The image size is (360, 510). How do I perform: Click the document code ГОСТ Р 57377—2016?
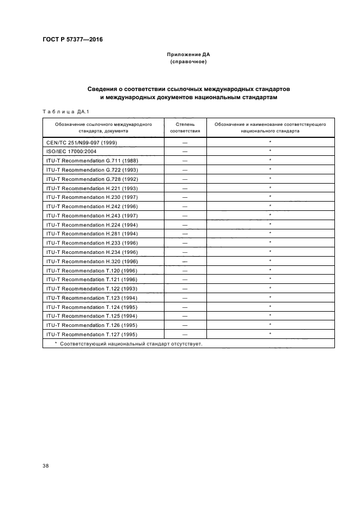tap(72, 39)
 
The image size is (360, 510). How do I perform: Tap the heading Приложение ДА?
tap(188, 55)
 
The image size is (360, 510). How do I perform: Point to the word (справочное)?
tap(188, 62)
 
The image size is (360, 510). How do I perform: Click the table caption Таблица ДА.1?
tap(61, 111)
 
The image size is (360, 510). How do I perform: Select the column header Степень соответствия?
tap(185, 127)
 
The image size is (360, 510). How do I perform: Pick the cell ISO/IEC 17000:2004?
tap(71, 151)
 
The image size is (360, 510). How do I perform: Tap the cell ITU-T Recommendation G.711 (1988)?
tap(91, 160)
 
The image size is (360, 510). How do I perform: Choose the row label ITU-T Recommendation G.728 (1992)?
tap(91, 178)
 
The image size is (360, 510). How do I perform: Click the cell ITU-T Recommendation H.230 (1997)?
tap(91, 197)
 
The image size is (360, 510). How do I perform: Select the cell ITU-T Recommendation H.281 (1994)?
tap(91, 233)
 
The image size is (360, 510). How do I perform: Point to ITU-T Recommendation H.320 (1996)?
tap(91, 261)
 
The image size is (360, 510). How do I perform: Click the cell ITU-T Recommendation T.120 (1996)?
tap(91, 270)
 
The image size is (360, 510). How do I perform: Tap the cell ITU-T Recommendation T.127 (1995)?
tap(91, 334)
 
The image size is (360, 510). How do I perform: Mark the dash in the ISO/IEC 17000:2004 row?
tap(185, 151)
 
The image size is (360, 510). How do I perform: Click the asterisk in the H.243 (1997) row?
tap(270, 215)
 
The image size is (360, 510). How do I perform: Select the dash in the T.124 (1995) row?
tap(185, 307)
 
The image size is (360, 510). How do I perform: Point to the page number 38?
tap(46, 466)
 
